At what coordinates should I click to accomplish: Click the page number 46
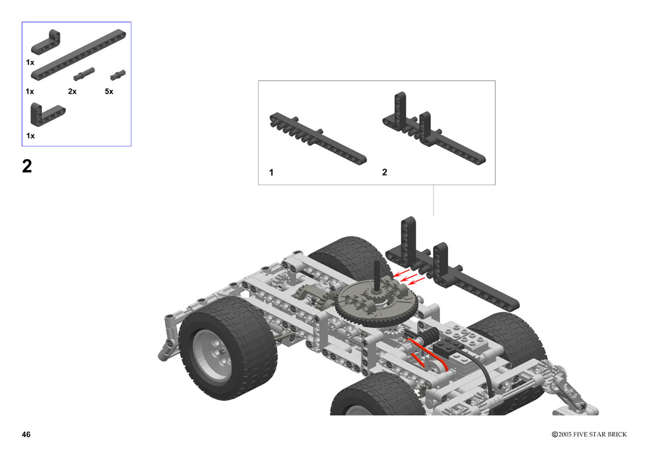click(x=26, y=434)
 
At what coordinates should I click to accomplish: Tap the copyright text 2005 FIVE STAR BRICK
click(x=592, y=434)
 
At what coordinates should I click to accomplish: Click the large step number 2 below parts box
click(x=27, y=166)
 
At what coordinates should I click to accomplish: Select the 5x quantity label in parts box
click(x=109, y=91)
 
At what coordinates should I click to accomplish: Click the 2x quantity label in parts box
click(x=72, y=91)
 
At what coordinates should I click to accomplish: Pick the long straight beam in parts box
click(x=78, y=55)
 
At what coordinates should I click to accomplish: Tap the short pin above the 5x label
click(x=117, y=75)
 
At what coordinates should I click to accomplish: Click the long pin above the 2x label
click(x=84, y=74)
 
